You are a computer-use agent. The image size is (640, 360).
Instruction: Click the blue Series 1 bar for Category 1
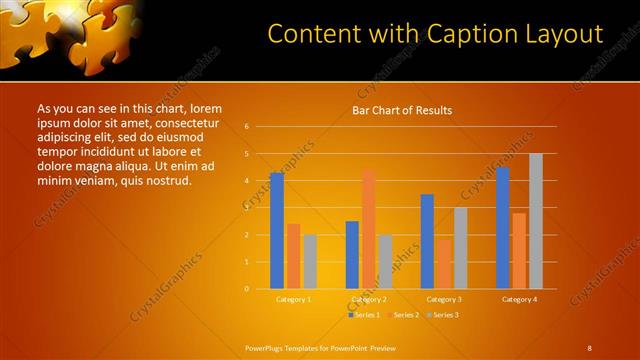[x=276, y=230]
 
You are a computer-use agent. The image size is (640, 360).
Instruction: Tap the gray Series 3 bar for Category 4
[x=535, y=221]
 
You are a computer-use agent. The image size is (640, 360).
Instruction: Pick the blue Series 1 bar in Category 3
[x=427, y=241]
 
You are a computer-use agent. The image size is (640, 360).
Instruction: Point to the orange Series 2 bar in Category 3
[x=443, y=264]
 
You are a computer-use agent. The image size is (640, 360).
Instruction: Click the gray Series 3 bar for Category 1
[x=310, y=261]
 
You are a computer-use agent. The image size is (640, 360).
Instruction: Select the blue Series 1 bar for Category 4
[x=502, y=227]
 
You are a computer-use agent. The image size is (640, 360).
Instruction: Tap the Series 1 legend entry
[x=365, y=315]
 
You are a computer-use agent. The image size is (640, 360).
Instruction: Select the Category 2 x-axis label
[x=369, y=299]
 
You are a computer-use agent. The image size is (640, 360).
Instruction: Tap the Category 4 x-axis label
[x=519, y=299]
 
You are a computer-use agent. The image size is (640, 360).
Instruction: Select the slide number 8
[x=589, y=348]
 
